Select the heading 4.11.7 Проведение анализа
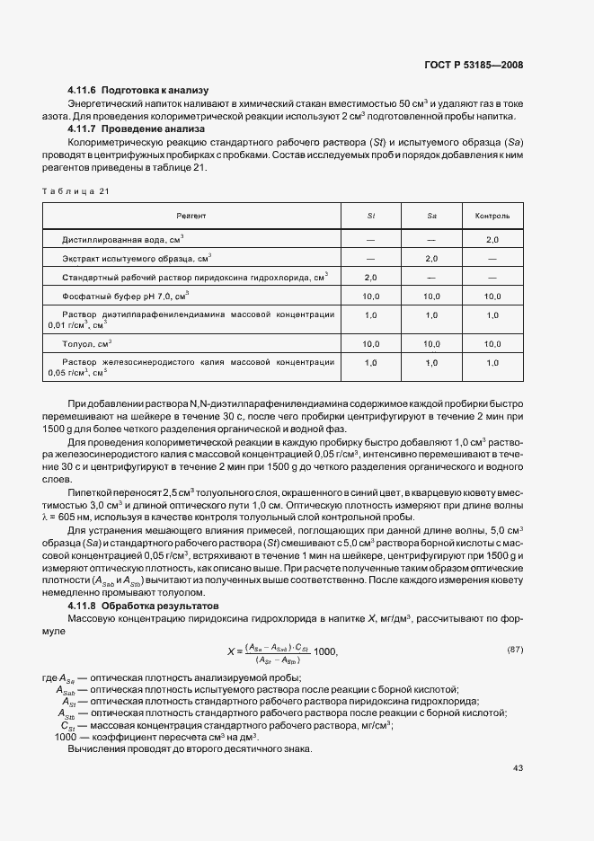click(137, 129)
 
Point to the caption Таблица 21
click(75, 190)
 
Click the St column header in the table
click(370, 217)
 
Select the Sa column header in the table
click(431, 217)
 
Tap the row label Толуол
click(86, 343)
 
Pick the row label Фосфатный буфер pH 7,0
click(125, 295)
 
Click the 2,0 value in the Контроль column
click(492, 240)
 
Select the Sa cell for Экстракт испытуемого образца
click(431, 259)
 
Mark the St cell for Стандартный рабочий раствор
click(370, 277)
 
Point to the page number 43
click(518, 768)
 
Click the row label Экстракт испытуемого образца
click(137, 259)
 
